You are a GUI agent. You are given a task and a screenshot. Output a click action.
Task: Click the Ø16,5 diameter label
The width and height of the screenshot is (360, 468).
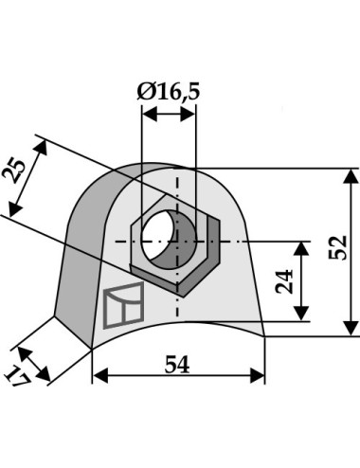169,92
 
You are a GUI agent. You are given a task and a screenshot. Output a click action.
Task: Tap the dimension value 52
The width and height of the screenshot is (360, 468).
337,247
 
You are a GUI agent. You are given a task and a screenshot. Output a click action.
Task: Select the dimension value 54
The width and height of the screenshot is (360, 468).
177,365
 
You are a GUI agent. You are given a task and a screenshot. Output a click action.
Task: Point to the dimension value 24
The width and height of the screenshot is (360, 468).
284,281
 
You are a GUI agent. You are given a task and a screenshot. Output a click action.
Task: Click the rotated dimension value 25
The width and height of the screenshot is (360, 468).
14,171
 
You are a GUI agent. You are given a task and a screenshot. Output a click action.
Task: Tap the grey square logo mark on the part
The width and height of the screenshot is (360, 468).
123,305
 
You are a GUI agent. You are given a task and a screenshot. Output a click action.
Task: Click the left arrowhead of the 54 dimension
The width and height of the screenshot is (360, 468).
101,376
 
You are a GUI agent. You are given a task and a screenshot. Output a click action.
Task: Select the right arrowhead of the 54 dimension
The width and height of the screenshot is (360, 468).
257,376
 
